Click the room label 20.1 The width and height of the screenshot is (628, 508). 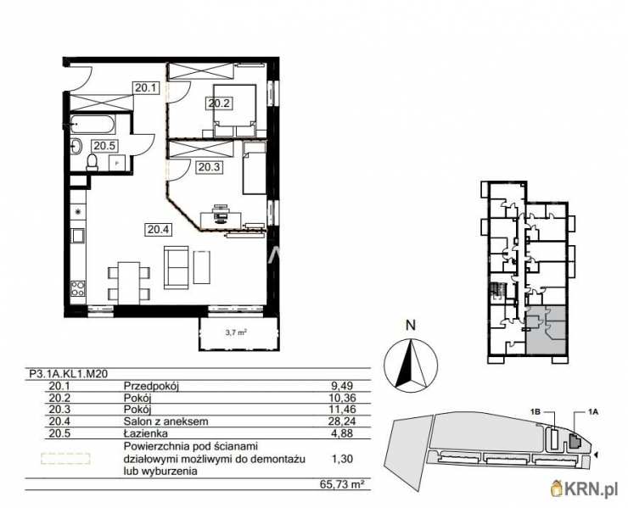(146, 87)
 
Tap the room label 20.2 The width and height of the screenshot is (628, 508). (219, 103)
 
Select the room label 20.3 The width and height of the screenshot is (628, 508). (209, 167)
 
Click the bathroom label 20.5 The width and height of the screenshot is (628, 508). (104, 146)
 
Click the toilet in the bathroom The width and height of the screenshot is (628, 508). (93, 163)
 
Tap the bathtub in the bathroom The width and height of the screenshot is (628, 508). (93, 125)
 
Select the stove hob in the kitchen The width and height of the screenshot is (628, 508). (78, 289)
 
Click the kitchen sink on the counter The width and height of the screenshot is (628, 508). (77, 236)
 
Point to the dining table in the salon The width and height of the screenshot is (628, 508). (129, 283)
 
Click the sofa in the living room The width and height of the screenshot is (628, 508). (177, 267)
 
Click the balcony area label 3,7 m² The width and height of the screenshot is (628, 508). (235, 332)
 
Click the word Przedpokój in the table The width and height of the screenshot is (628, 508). (151, 387)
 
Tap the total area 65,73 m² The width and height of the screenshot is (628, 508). (343, 484)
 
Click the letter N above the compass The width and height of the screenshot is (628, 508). (411, 325)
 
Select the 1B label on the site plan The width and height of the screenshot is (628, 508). (536, 411)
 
